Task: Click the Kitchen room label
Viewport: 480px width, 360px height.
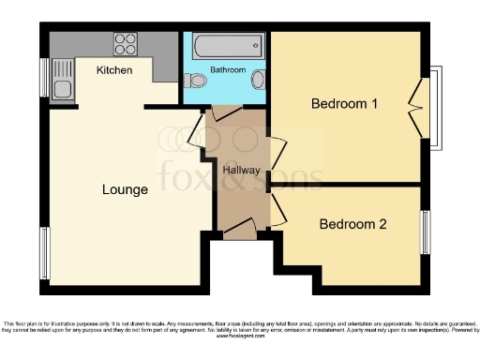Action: click(x=114, y=70)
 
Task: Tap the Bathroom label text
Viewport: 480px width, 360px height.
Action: click(x=228, y=70)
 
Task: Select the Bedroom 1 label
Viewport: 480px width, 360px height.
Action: click(x=344, y=104)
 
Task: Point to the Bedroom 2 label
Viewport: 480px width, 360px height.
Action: click(x=352, y=224)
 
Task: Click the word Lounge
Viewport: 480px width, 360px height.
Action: click(x=126, y=190)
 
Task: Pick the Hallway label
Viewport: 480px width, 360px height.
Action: click(x=241, y=170)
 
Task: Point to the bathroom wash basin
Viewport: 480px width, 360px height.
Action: click(x=259, y=82)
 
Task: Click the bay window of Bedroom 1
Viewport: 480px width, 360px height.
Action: click(x=433, y=108)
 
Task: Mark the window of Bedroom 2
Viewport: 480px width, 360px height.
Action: click(x=425, y=231)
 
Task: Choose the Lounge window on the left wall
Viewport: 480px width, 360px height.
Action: click(x=44, y=253)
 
